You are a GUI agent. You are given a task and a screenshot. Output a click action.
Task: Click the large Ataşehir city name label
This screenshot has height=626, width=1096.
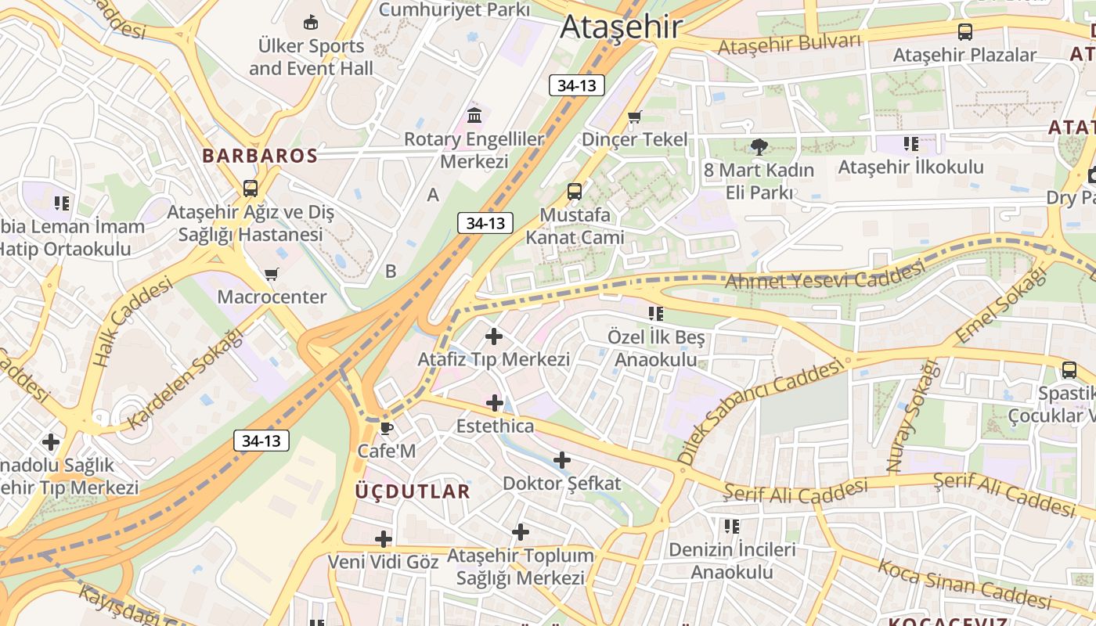[x=621, y=27]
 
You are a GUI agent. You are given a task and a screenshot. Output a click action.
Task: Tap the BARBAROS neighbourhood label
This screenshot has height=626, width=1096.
[x=260, y=155]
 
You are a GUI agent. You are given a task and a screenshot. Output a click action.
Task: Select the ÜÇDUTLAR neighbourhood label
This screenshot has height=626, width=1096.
[x=413, y=491]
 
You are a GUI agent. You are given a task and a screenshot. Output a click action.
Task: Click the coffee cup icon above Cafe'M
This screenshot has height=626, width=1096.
[x=385, y=428]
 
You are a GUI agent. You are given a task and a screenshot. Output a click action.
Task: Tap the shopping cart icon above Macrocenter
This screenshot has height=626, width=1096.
[x=271, y=275]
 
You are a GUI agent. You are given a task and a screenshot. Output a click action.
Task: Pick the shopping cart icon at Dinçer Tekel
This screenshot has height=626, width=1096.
[x=634, y=117]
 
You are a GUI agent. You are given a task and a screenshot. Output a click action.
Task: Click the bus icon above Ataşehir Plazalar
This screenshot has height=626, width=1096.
[x=965, y=32]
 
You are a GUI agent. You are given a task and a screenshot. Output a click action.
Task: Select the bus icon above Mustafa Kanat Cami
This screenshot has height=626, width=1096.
[x=575, y=191]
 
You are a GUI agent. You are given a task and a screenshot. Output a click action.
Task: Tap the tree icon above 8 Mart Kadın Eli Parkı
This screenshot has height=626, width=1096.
[x=758, y=146]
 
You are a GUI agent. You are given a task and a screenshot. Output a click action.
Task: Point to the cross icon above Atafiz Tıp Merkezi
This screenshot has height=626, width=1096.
[x=494, y=336]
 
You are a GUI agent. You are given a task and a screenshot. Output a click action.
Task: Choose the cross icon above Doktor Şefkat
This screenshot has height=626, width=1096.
[x=562, y=460]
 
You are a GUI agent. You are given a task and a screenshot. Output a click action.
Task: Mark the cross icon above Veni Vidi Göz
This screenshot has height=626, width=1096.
[x=384, y=539]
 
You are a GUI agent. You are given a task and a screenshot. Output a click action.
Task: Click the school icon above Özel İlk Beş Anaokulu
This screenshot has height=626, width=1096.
[x=656, y=314]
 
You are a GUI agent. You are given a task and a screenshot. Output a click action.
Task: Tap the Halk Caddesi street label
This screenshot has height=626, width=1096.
[x=132, y=323]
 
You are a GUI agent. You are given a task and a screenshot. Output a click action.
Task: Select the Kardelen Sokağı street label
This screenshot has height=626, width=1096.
[x=186, y=379]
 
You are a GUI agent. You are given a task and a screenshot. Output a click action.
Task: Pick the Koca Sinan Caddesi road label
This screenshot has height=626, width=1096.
[x=964, y=584]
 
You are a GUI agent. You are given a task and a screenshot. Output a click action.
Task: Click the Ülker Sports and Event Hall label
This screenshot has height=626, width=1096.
[x=312, y=57]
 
